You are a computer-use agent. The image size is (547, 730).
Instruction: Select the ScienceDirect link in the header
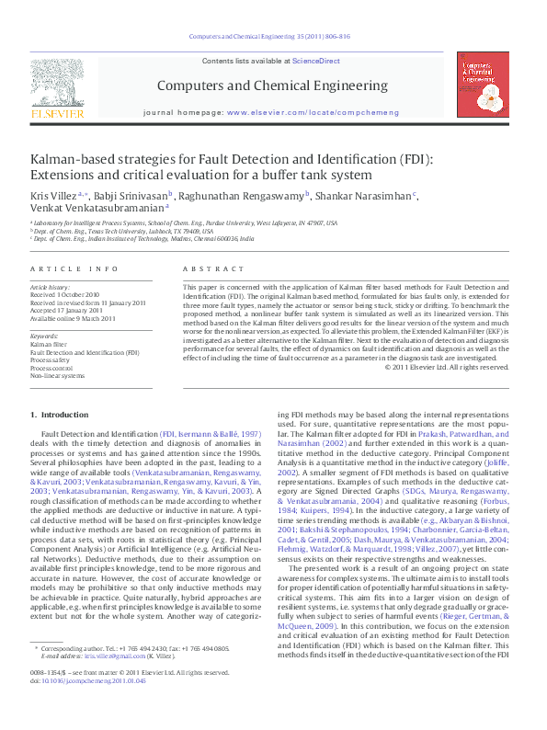click(x=315, y=61)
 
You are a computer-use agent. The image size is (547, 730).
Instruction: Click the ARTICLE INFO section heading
click(x=74, y=268)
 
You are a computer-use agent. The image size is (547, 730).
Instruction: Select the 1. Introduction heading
click(x=59, y=416)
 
